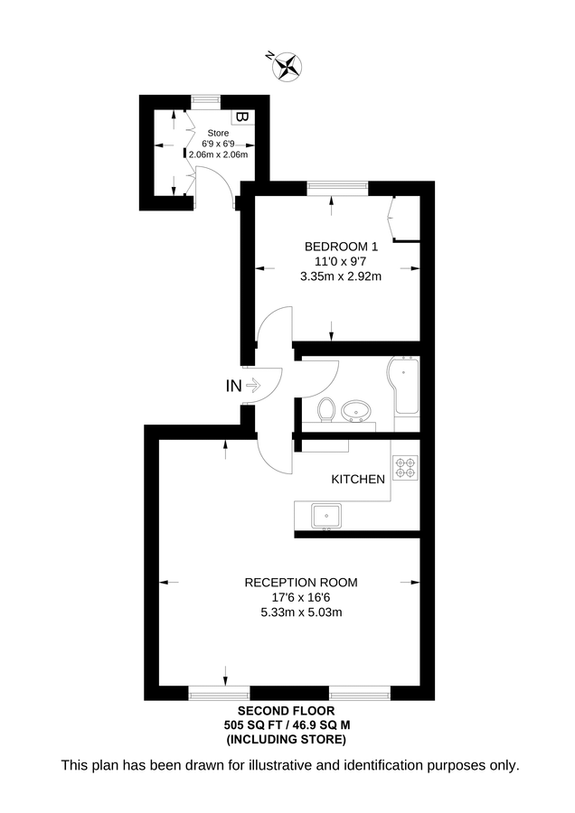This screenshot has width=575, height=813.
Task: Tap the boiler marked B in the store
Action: click(x=240, y=117)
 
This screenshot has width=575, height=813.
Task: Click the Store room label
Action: click(x=218, y=133)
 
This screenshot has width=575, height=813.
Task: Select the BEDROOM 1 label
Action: click(x=340, y=247)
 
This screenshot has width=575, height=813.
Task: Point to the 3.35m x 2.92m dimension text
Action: click(x=341, y=276)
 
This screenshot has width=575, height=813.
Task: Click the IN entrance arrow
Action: click(x=243, y=386)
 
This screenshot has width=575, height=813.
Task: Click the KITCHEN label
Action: click(x=358, y=479)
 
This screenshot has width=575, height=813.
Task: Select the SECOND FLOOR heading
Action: click(x=286, y=712)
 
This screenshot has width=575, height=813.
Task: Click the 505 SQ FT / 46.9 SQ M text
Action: click(x=286, y=725)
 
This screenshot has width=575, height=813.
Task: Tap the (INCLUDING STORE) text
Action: click(x=286, y=740)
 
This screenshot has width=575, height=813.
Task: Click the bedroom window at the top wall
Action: click(x=337, y=188)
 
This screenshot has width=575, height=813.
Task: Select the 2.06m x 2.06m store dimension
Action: click(x=219, y=154)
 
